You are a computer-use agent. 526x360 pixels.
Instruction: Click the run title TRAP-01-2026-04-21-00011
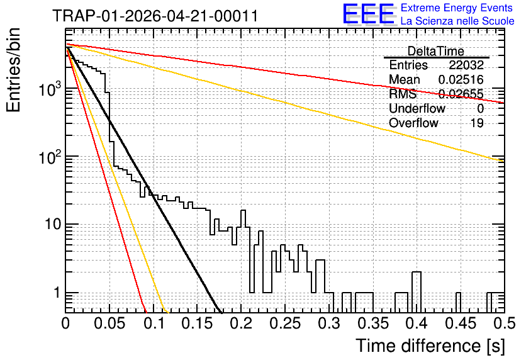pyautogui.click(x=155, y=16)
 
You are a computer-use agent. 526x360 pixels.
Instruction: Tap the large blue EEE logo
pyautogui.click(x=369, y=14)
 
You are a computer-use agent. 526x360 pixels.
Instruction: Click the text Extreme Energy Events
pyautogui.click(x=457, y=8)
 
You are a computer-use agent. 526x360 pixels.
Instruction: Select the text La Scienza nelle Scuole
pyautogui.click(x=457, y=21)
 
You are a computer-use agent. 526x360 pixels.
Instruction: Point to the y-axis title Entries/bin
pyautogui.click(x=13, y=70)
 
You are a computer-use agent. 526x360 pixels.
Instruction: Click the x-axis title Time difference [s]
pyautogui.click(x=430, y=346)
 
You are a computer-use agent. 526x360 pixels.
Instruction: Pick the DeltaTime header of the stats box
pyautogui.click(x=436, y=51)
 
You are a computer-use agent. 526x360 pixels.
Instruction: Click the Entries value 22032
pyautogui.click(x=466, y=65)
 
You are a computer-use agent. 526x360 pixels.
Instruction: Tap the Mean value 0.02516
pyautogui.click(x=461, y=79)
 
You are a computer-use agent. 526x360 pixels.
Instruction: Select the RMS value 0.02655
pyautogui.click(x=461, y=94)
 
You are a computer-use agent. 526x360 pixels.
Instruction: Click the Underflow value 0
pyautogui.click(x=480, y=108)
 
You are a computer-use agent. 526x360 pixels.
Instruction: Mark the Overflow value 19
pyautogui.click(x=477, y=123)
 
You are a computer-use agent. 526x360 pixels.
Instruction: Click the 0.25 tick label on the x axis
pyautogui.click(x=285, y=323)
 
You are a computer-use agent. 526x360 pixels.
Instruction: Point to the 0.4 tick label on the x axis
pyautogui.click(x=417, y=323)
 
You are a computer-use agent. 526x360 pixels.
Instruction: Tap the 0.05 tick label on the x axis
pyautogui.click(x=109, y=323)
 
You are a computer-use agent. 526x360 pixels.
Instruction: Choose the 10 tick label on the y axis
pyautogui.click(x=53, y=224)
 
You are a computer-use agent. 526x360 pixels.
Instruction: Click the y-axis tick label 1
pyautogui.click(x=57, y=293)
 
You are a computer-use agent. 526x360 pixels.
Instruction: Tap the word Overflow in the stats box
pyautogui.click(x=413, y=123)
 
